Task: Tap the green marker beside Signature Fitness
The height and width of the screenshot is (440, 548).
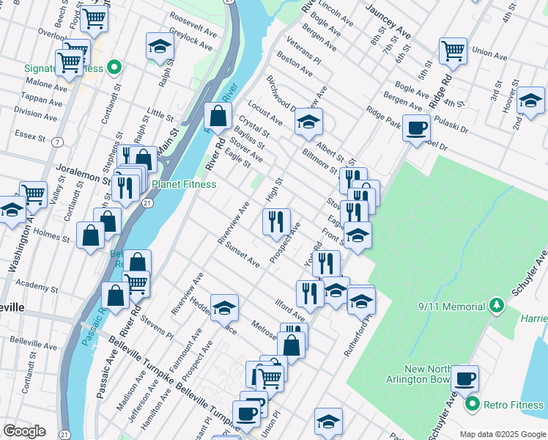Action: pyautogui.click(x=114, y=69)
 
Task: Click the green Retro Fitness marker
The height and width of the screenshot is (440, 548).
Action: pyautogui.click(x=473, y=404)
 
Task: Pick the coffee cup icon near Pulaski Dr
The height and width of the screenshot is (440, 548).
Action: pyautogui.click(x=417, y=128)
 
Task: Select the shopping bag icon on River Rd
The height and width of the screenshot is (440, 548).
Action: pyautogui.click(x=218, y=115)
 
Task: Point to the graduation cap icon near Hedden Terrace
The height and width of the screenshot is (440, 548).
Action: pyautogui.click(x=224, y=307)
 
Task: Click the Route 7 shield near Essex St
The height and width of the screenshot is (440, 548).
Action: pyautogui.click(x=57, y=142)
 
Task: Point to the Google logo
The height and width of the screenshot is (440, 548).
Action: pyautogui.click(x=24, y=431)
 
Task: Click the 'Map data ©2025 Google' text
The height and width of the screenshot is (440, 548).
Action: pyautogui.click(x=502, y=434)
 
